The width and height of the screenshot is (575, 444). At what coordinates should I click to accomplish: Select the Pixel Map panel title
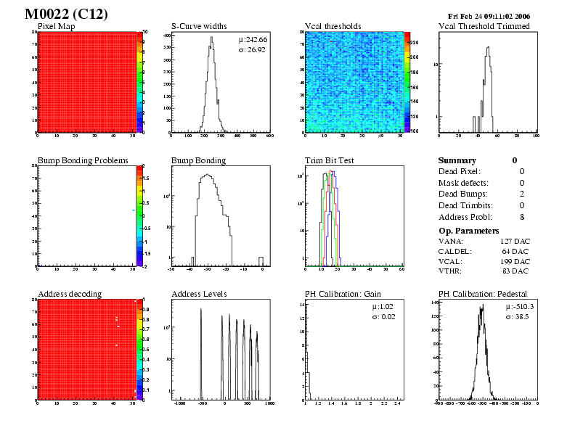tap(61, 26)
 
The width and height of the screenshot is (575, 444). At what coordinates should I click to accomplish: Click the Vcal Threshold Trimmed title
tap(484, 26)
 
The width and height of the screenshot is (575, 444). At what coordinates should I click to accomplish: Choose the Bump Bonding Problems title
tap(83, 160)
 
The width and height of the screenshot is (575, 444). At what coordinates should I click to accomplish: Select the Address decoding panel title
tap(70, 294)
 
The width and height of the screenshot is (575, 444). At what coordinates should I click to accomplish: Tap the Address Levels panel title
tap(199, 294)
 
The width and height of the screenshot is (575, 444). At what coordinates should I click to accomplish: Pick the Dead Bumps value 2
tap(522, 194)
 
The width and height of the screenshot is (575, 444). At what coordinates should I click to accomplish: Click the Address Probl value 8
tap(522, 217)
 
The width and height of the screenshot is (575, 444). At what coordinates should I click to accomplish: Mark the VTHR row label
tap(451, 271)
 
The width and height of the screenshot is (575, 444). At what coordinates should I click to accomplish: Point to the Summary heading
tap(457, 160)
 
